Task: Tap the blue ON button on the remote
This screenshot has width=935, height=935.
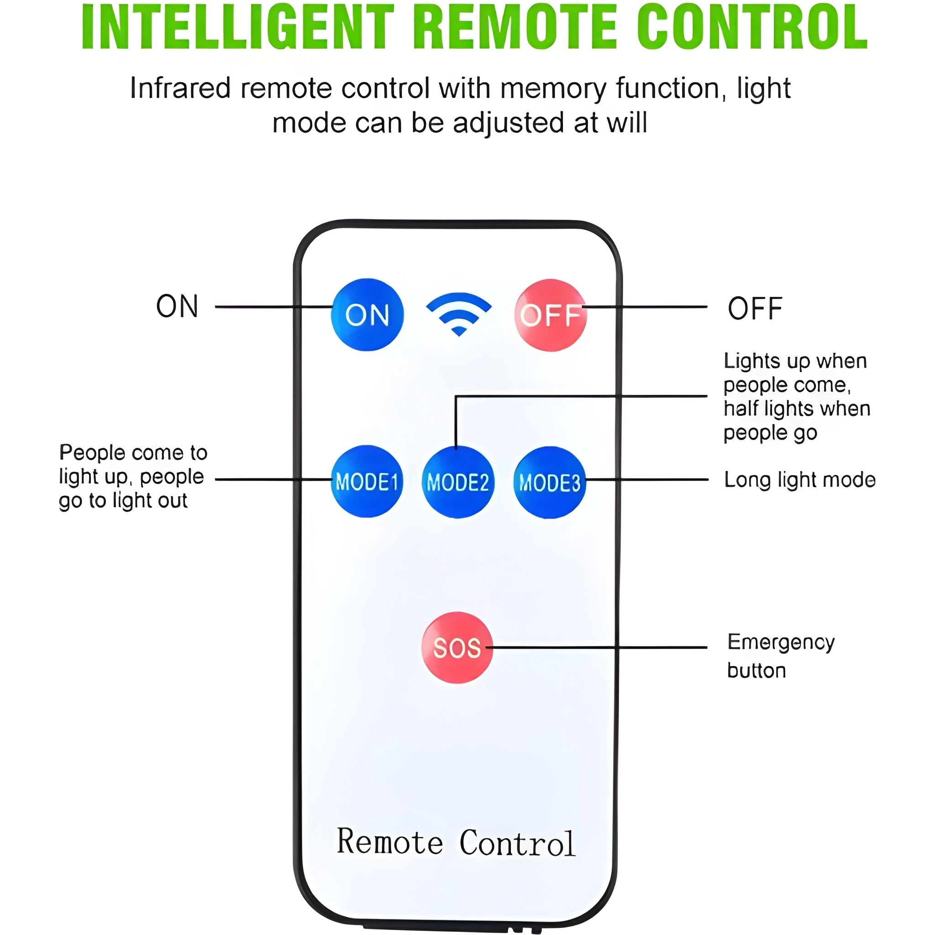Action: [367, 315]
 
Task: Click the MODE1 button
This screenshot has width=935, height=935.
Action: [367, 482]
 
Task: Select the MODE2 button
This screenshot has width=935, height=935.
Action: [458, 482]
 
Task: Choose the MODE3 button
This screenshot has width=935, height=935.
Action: [549, 483]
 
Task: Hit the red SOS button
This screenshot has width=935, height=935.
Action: [457, 647]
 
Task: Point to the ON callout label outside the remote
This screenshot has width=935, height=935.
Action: [177, 306]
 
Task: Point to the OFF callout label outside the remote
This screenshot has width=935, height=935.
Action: [755, 309]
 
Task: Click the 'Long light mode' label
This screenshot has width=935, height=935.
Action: [799, 480]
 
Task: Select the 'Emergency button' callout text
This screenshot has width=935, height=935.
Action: [780, 656]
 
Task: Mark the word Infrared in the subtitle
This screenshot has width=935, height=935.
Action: [180, 89]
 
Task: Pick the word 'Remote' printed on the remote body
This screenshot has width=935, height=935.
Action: [389, 842]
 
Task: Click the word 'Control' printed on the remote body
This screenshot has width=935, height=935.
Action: [517, 844]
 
